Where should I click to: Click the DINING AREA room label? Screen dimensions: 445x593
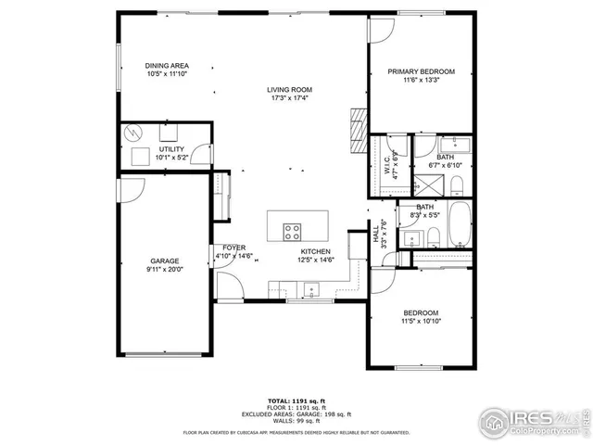pyautogui.click(x=167, y=66)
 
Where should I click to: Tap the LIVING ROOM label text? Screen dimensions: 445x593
pyautogui.click(x=289, y=89)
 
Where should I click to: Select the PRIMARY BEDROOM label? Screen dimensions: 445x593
pyautogui.click(x=421, y=71)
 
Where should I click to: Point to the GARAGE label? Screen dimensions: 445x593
pyautogui.click(x=165, y=261)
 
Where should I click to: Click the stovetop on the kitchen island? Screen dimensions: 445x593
pyautogui.click(x=293, y=232)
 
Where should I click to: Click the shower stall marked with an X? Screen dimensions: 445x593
pyautogui.click(x=427, y=182)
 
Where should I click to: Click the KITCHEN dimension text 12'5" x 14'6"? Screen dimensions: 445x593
pyautogui.click(x=315, y=261)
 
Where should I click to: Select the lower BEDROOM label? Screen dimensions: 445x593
pyautogui.click(x=421, y=313)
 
